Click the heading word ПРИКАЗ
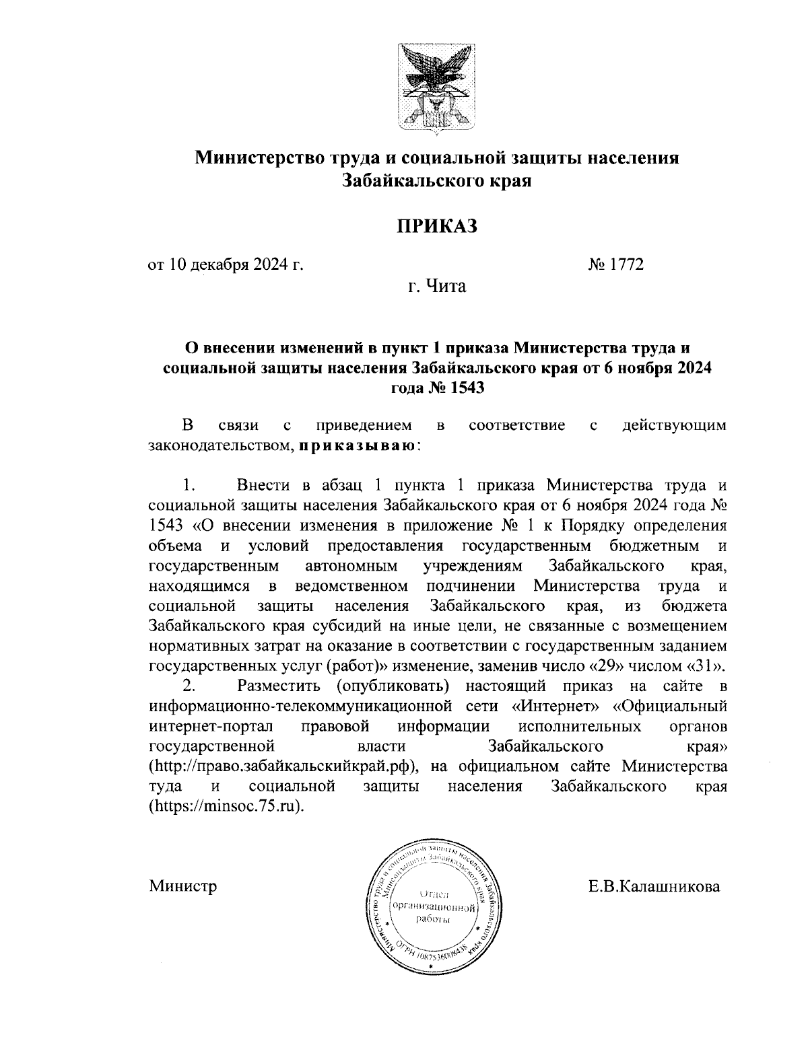click(436, 225)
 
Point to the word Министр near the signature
click(183, 886)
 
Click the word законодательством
click(220, 445)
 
